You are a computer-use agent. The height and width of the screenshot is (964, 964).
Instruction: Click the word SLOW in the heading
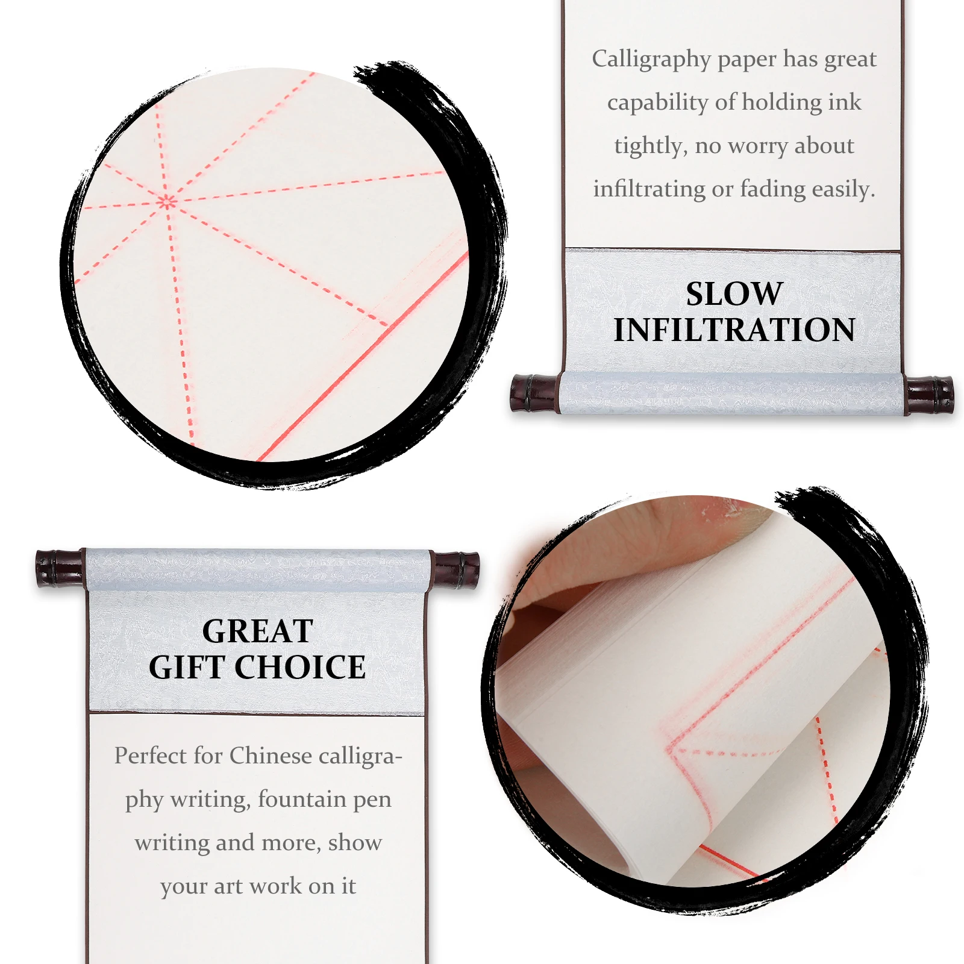click(x=734, y=294)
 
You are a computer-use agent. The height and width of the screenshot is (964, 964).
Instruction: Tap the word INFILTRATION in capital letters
click(x=734, y=330)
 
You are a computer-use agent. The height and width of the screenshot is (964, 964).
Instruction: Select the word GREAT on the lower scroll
click(x=257, y=631)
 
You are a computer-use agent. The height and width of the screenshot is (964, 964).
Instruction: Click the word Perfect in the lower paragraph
click(x=150, y=756)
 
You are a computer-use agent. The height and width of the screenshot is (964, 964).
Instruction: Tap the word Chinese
click(x=271, y=756)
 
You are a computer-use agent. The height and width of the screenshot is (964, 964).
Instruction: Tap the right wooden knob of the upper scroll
click(x=929, y=395)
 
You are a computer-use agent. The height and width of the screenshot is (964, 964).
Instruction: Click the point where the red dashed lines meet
click(x=167, y=202)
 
